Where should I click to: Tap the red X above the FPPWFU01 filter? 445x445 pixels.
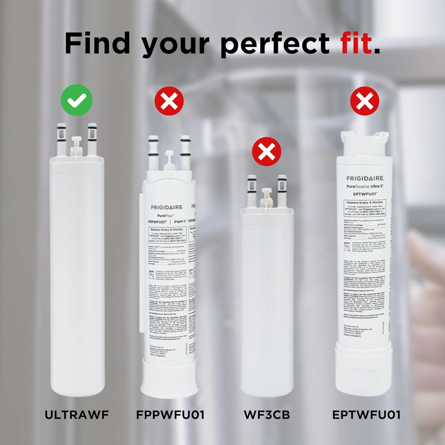tap(169, 101)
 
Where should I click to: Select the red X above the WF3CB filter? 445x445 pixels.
tap(266, 152)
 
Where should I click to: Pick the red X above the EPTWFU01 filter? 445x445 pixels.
tap(365, 101)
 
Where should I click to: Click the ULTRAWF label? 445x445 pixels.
tap(77, 415)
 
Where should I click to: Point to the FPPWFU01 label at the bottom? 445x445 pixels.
tap(170, 415)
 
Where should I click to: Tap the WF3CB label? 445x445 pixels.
tap(267, 415)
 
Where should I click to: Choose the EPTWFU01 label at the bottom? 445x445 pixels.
tap(366, 415)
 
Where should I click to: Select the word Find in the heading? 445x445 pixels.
tap(97, 43)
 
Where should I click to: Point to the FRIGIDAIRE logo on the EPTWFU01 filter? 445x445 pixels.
tap(365, 178)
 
